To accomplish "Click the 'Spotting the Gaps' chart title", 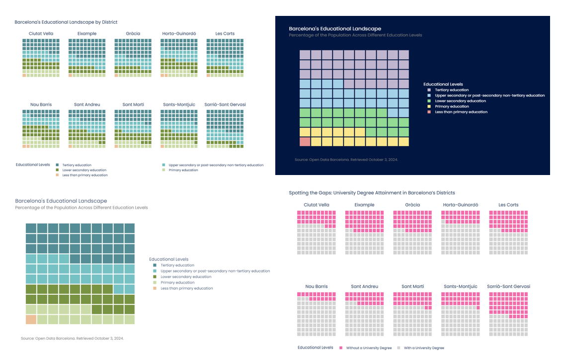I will (372, 193).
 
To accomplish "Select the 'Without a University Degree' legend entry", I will (369, 348).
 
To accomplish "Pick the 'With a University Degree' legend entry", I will (424, 348).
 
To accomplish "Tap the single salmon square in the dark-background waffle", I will (305, 142).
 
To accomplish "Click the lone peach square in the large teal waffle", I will (31, 319).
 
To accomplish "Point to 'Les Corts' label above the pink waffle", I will (508, 205).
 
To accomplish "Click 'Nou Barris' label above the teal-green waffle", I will (41, 105).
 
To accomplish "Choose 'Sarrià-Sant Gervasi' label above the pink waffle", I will (508, 286).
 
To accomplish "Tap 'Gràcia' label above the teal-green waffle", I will (133, 34).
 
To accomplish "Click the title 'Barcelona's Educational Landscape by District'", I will (66, 22).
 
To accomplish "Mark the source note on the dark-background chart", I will (346, 160).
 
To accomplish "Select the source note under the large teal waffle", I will (72, 339).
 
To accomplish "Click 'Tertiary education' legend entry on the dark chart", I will (452, 90).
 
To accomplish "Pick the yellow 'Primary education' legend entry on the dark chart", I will (452, 106).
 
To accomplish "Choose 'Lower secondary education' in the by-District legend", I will (84, 170).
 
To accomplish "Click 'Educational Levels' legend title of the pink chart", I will (315, 348).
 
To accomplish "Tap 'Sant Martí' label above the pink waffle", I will (412, 286).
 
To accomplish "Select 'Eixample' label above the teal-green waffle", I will (87, 34).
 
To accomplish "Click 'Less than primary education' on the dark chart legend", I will (461, 112).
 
